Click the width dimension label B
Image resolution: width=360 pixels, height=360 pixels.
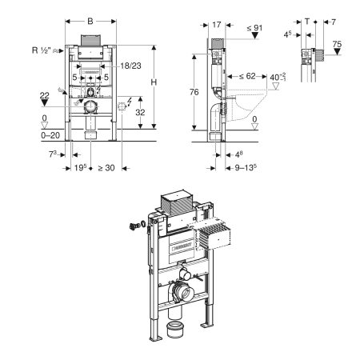[90, 21]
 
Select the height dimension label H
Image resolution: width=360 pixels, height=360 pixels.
[154, 82]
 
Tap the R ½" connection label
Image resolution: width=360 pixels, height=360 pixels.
[41, 50]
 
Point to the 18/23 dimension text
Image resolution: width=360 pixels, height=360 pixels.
[130, 66]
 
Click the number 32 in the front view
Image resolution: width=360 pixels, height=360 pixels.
[140, 112]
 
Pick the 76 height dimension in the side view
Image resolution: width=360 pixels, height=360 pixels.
[194, 92]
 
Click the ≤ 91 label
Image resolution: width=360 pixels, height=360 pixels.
[254, 28]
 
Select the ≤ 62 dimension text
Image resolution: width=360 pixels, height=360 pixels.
[247, 76]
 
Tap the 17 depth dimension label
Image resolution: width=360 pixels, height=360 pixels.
[217, 25]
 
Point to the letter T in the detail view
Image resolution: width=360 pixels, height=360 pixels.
[307, 22]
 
